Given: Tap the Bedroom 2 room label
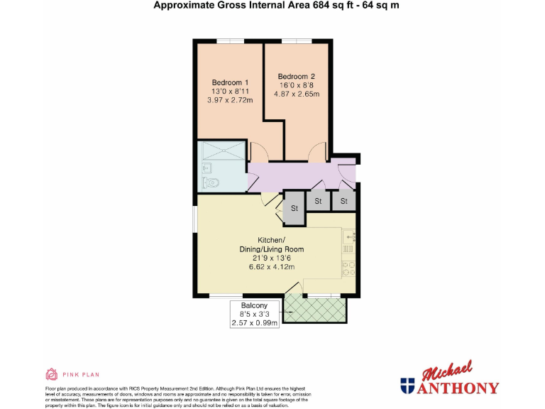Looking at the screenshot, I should click(296, 77).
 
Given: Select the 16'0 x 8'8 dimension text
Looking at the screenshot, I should click(296, 85).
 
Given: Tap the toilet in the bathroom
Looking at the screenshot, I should click(211, 183).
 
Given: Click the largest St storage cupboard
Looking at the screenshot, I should click(294, 209).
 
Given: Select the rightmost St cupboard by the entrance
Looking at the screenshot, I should click(345, 202).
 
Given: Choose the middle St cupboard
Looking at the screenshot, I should click(318, 202).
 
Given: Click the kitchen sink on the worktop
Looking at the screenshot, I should click(348, 235).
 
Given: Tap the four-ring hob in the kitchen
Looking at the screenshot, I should click(348, 268).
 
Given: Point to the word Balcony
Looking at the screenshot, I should click(255, 305).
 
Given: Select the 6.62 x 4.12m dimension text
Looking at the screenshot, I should click(271, 267).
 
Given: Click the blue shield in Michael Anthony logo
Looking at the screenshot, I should click(407, 387).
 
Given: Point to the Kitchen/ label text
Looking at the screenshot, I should click(271, 239).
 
